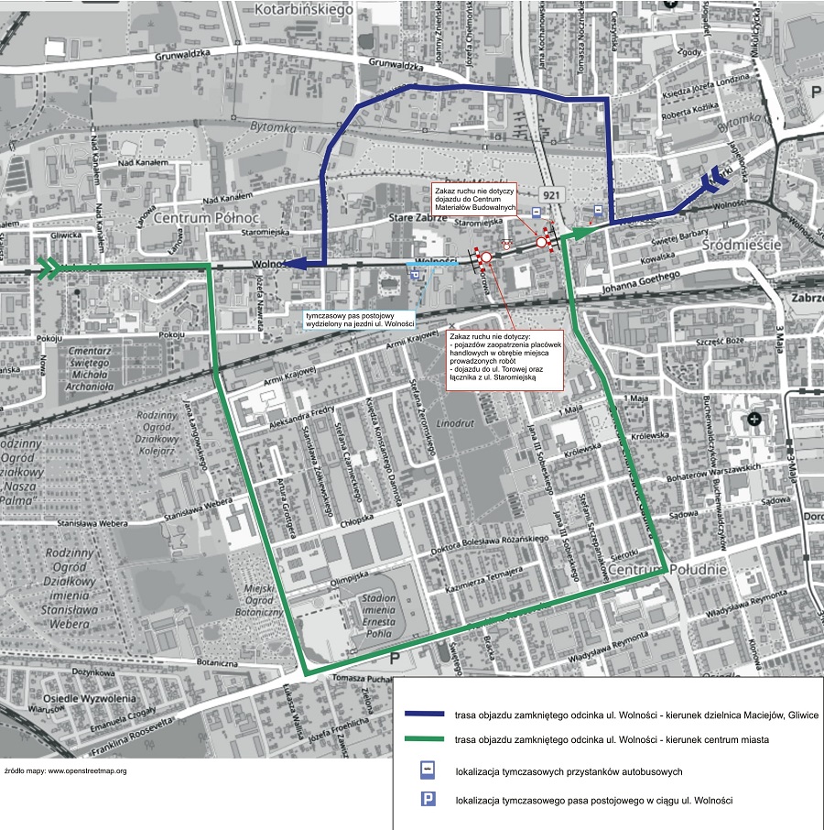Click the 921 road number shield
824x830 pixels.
click(551, 196)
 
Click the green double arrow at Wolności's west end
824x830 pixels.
click(49, 267)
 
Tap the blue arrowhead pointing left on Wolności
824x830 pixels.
click(295, 264)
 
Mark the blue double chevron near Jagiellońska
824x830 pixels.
click(712, 183)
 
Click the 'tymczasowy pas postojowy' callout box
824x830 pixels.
click(361, 320)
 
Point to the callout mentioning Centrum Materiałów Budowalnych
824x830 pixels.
click(473, 197)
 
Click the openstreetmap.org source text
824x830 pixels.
click(66, 770)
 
